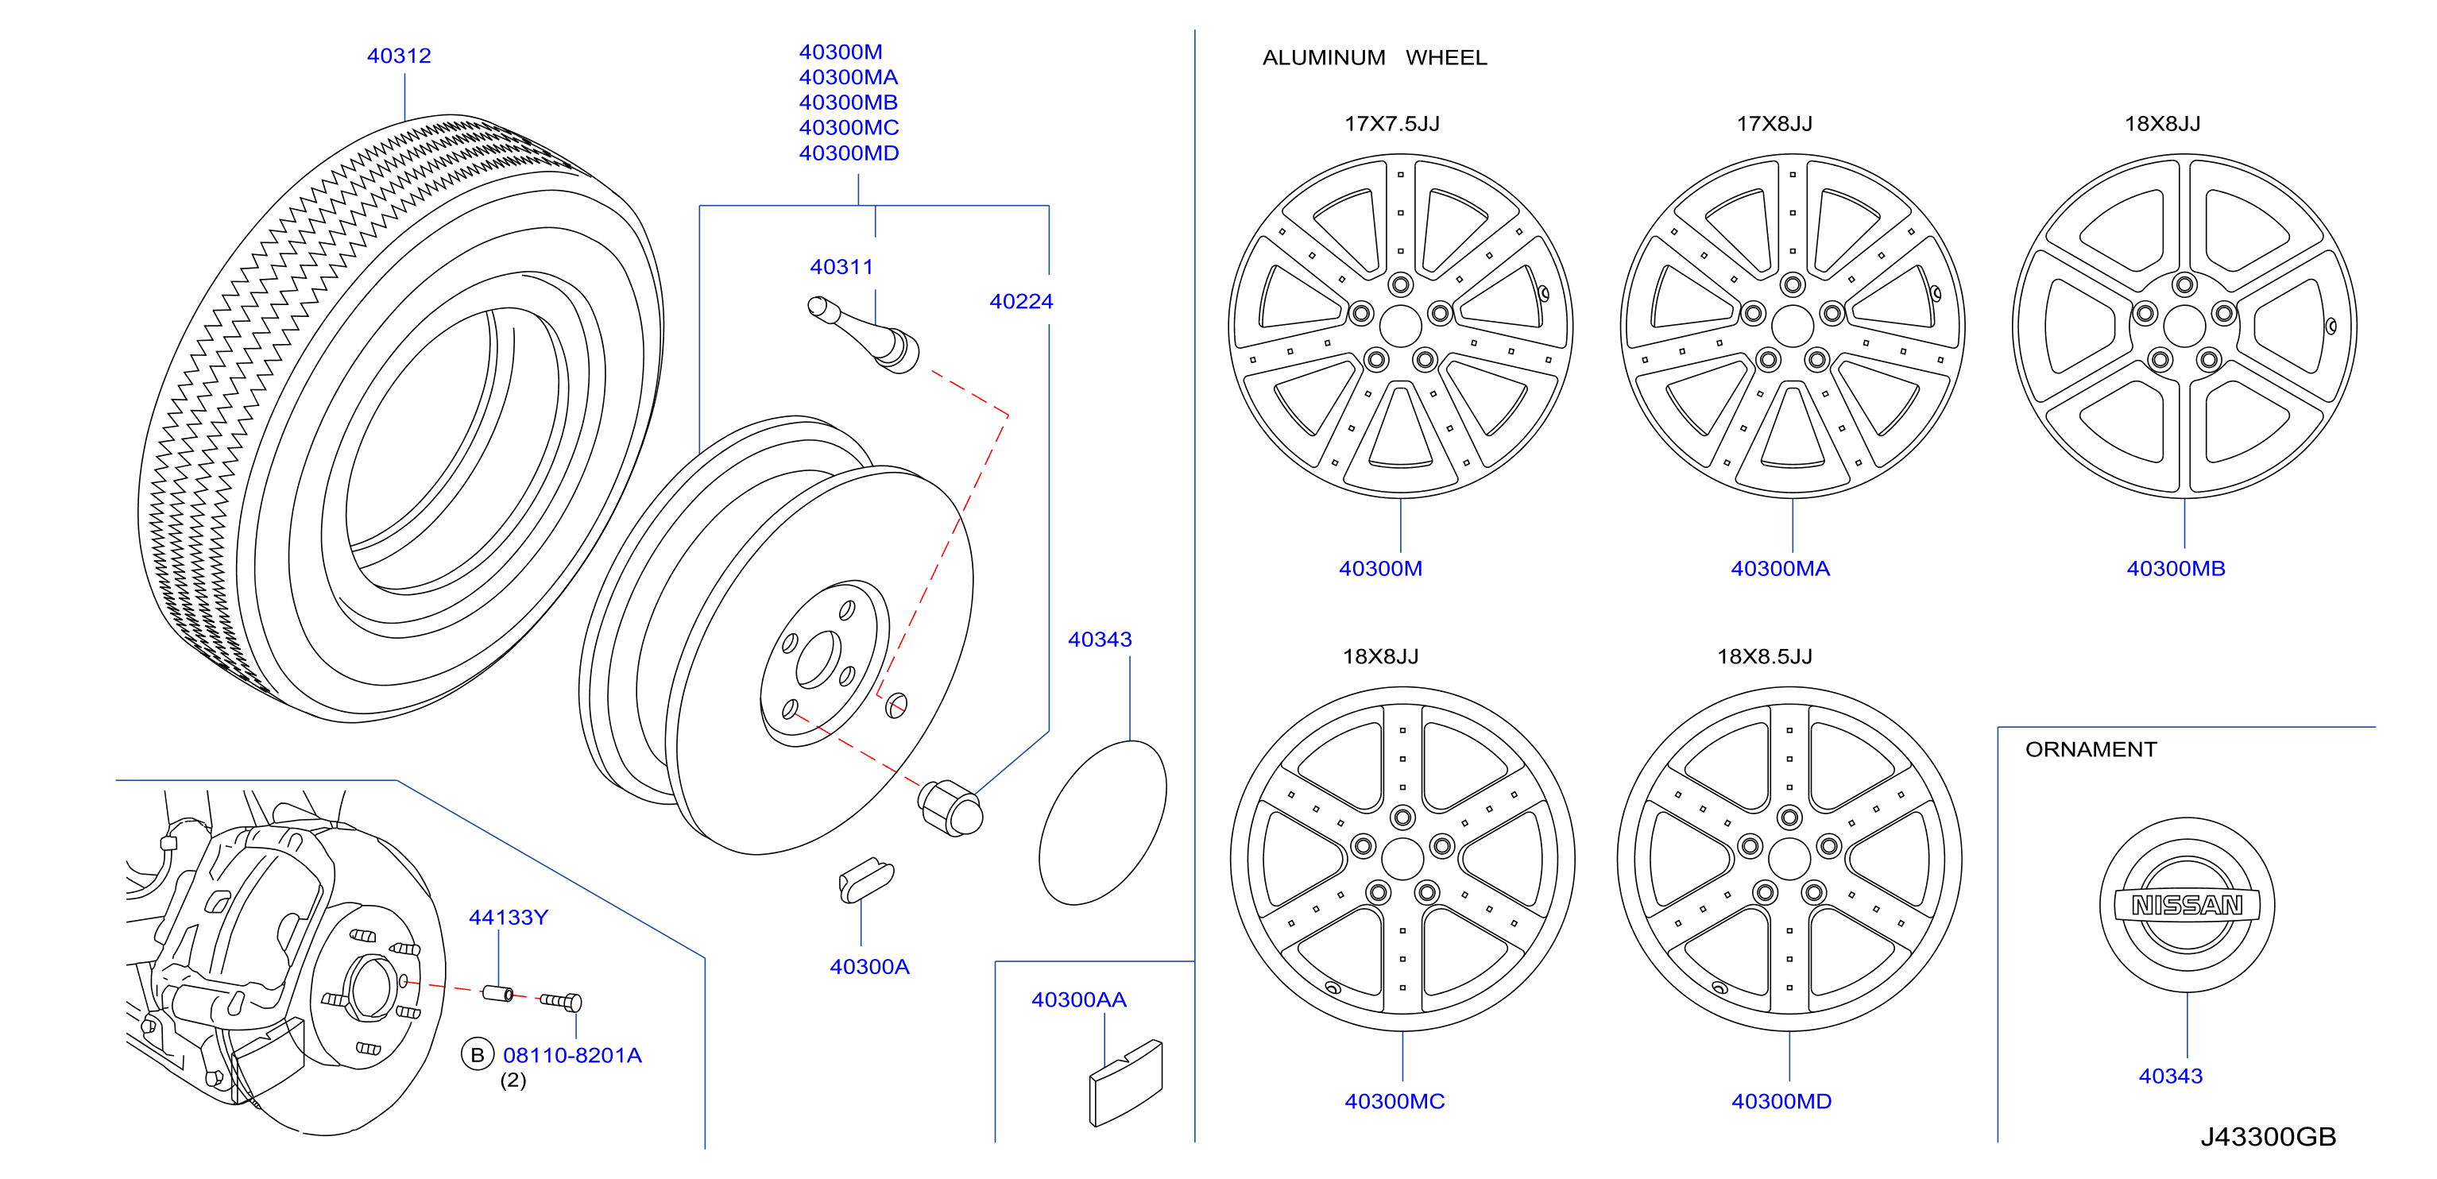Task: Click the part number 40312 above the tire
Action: point(398,56)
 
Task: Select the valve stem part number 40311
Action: point(841,267)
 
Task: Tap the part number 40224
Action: point(1021,301)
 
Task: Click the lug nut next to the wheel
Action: point(951,808)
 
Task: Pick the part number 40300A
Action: point(869,966)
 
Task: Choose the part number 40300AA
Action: point(1078,999)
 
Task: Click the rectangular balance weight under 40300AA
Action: point(1126,1083)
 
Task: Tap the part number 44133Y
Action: point(508,917)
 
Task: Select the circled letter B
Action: point(478,1054)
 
